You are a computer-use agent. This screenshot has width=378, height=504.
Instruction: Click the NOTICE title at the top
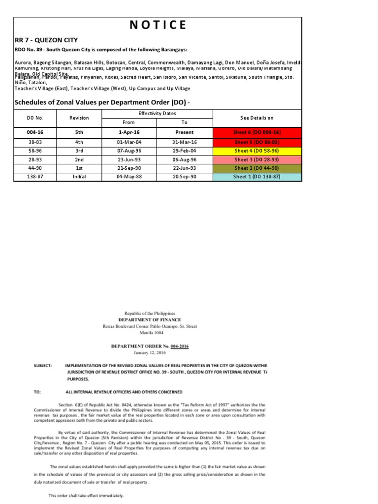(157, 25)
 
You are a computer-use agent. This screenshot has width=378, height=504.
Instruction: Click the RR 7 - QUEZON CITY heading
(46, 40)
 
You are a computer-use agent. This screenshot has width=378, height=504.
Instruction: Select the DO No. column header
(35, 118)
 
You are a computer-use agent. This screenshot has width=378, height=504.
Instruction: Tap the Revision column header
(79, 118)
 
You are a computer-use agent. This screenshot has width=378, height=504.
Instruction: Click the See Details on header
(257, 118)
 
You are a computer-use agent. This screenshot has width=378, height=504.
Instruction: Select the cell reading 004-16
(35, 132)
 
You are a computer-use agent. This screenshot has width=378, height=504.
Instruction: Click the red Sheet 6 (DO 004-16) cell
(257, 132)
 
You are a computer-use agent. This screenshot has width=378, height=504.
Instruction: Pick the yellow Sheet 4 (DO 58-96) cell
(257, 151)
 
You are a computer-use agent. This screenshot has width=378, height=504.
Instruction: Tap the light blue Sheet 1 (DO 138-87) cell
(257, 177)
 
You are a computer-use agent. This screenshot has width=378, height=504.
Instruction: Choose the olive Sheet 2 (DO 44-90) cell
(257, 168)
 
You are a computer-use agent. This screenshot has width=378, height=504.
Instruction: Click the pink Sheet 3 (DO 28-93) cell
(257, 159)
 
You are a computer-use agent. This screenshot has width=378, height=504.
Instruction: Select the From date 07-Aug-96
(129, 151)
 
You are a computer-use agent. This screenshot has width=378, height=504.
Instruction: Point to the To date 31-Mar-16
(185, 142)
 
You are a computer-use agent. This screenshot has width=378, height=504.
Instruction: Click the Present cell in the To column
(185, 132)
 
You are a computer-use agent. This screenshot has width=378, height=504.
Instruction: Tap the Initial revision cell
(79, 177)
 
